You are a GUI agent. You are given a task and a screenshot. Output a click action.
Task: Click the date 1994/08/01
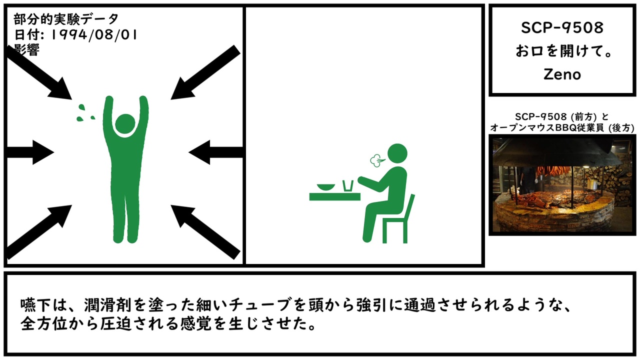coord(94,35)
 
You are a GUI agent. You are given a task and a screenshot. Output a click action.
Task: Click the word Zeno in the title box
coord(562,74)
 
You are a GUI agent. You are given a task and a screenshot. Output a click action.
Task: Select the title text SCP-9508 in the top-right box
coord(562,27)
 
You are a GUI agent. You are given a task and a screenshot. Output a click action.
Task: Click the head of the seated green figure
coord(397,153)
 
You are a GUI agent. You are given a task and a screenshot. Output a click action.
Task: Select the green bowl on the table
coord(326,187)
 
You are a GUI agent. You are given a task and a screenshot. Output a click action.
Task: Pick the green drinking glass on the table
coord(348,185)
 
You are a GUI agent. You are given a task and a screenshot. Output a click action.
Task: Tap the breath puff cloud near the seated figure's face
coord(377,160)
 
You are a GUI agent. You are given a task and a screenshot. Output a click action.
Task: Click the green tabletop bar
coord(335,197)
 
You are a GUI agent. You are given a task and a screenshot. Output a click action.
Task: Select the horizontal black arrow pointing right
coord(30,152)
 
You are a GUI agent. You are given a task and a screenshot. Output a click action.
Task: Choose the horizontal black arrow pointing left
coord(215,152)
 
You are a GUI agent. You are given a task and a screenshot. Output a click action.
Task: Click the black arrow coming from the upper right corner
coord(205,72)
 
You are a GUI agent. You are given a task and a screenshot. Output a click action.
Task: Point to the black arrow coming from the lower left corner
coord(39,232)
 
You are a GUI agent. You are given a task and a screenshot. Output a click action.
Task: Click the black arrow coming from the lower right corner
coord(205,232)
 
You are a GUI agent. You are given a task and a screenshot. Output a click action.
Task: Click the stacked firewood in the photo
coord(614,183)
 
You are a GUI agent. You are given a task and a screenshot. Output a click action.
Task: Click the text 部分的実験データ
coord(66,19)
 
